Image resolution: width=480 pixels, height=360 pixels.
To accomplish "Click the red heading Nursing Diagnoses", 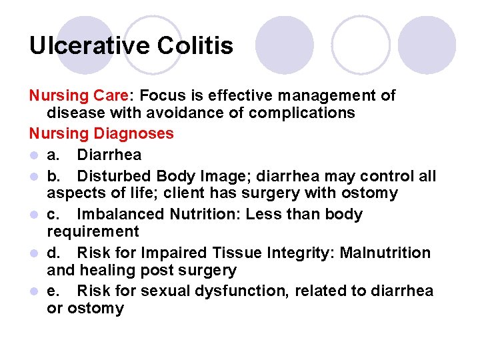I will pyautogui.click(x=101, y=134).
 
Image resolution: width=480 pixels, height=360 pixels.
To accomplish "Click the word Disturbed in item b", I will pyautogui.click(x=114, y=176).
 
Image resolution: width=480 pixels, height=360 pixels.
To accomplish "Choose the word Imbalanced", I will pyautogui.click(x=121, y=215).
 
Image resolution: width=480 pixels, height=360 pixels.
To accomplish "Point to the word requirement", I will pyautogui.click(x=93, y=232).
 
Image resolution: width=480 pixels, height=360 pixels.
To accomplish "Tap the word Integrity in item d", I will pyautogui.click(x=300, y=253).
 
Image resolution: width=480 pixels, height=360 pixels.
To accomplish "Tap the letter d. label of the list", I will pyautogui.click(x=54, y=253).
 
